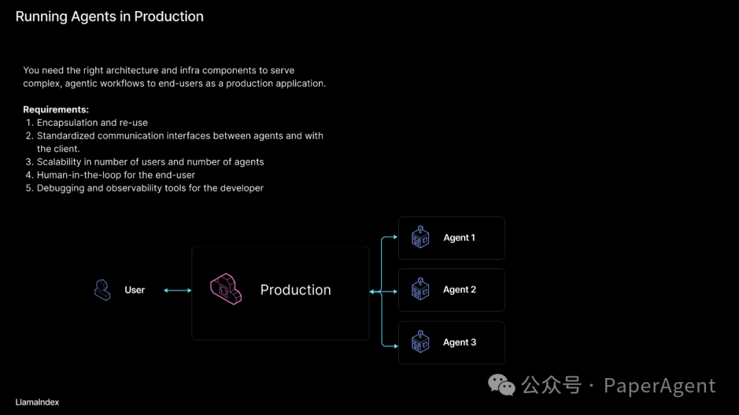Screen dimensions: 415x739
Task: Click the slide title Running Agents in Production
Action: click(x=109, y=16)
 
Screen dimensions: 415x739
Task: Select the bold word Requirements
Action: click(x=56, y=109)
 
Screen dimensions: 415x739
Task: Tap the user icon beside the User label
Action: click(x=102, y=290)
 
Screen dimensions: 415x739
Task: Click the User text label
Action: click(x=135, y=290)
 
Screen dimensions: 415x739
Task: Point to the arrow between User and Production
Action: click(x=178, y=291)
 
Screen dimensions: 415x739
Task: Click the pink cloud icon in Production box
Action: click(x=226, y=289)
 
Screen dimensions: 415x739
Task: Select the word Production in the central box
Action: click(x=296, y=290)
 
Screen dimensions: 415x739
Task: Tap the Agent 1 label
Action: click(x=459, y=238)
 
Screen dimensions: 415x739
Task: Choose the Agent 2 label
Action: click(x=459, y=290)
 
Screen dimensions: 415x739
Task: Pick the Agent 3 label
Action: click(x=459, y=343)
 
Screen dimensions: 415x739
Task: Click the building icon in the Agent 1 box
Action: click(x=420, y=237)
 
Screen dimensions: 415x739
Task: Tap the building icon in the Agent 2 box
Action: click(x=420, y=289)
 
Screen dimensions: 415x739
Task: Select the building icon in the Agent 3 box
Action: click(x=420, y=341)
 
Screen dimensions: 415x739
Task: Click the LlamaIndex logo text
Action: click(x=37, y=402)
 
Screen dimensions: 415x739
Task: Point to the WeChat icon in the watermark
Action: click(x=502, y=386)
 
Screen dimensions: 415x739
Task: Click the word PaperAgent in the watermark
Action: click(x=660, y=386)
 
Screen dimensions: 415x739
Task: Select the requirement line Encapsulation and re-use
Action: click(x=92, y=123)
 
